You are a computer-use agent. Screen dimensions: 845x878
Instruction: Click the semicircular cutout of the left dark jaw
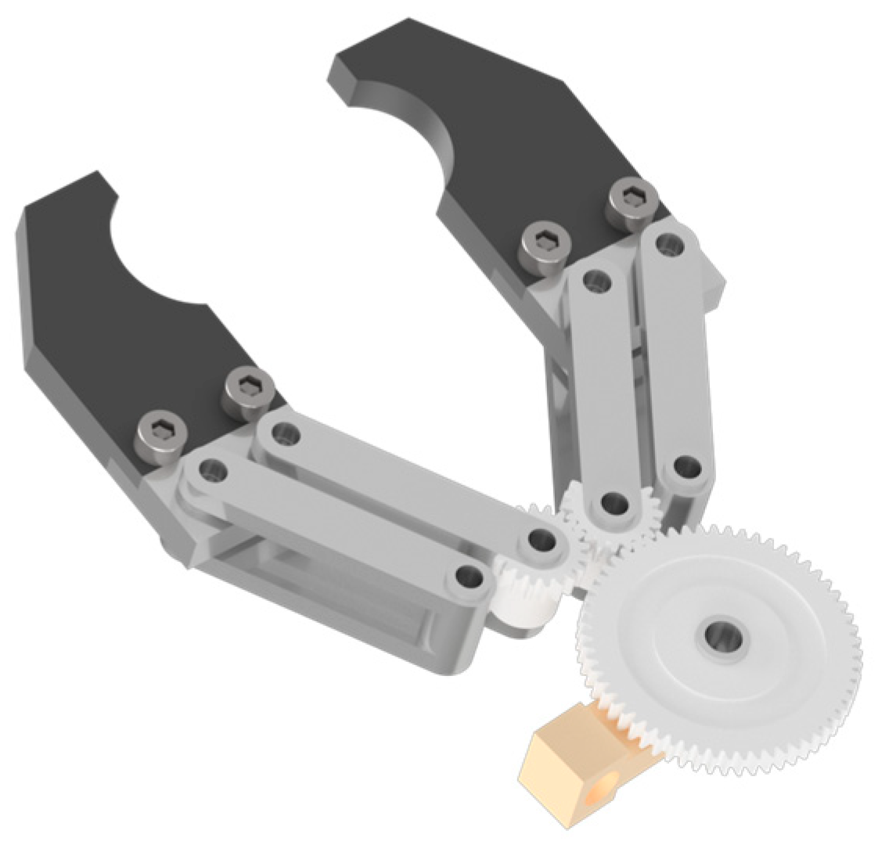[157, 258]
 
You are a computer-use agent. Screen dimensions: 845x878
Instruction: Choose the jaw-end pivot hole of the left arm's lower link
[210, 471]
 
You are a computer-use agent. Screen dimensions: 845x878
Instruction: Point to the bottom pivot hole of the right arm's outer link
[687, 466]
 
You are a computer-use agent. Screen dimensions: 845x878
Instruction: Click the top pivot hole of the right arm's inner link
[597, 279]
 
